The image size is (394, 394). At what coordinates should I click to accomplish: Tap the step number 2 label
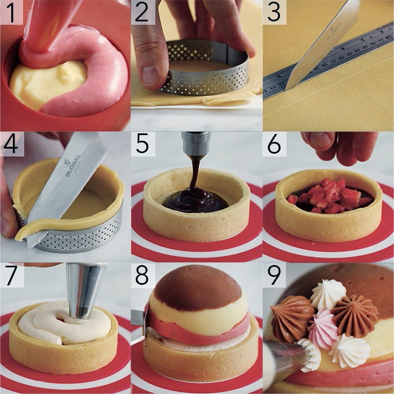point(142,12)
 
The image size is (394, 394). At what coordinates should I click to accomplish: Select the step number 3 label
point(274,12)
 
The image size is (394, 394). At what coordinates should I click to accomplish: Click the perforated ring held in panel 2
point(208,76)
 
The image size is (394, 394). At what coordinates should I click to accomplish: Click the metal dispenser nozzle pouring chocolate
point(196,144)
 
